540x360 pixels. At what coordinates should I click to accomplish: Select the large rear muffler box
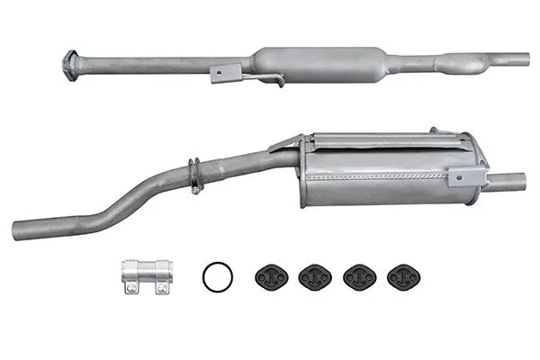pyautogui.click(x=387, y=171)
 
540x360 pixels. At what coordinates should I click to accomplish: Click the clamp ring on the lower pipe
pyautogui.click(x=193, y=175)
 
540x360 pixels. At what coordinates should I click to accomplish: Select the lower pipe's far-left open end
pyautogui.click(x=18, y=229)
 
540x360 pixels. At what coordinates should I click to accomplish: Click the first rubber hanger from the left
pyautogui.click(x=270, y=276)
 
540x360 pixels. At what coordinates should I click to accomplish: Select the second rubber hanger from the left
pyautogui.click(x=314, y=276)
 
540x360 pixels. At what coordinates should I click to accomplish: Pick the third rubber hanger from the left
pyautogui.click(x=358, y=276)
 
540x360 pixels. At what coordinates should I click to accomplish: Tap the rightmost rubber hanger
pyautogui.click(x=401, y=276)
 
